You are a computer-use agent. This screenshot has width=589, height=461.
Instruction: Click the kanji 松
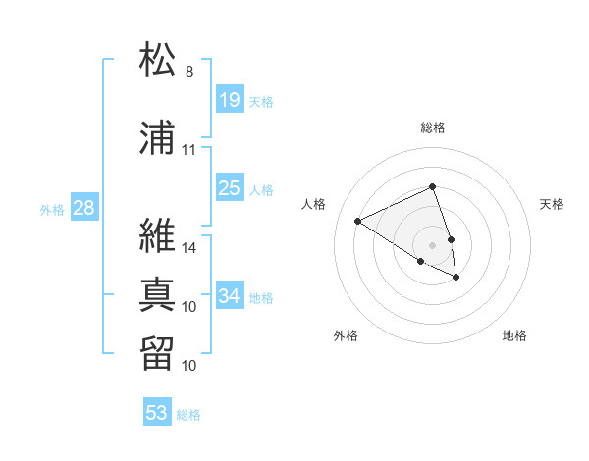159,60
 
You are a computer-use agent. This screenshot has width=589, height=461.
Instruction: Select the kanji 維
159,236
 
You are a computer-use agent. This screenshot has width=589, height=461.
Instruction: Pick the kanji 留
159,353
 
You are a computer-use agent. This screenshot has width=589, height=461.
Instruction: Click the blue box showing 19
230,100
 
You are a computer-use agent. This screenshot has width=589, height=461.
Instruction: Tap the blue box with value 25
230,188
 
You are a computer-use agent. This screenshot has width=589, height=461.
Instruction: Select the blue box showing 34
230,296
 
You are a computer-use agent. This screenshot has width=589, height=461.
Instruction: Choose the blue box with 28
83,208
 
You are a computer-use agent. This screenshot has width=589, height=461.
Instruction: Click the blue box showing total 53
157,413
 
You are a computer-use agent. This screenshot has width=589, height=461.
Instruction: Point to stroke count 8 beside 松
189,72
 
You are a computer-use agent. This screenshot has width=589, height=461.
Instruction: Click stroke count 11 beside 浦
189,150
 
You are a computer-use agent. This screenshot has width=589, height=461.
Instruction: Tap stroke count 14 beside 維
189,248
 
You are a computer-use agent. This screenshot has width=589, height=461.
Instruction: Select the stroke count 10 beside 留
189,366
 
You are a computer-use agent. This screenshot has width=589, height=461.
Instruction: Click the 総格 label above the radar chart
433,128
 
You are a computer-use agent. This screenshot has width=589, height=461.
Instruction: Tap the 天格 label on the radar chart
552,204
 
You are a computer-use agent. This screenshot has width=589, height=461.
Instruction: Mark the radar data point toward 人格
358,221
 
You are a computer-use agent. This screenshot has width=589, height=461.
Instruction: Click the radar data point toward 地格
456,278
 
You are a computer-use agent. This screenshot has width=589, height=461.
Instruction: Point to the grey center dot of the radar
433,244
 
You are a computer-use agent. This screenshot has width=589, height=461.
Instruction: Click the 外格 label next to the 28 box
51,209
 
